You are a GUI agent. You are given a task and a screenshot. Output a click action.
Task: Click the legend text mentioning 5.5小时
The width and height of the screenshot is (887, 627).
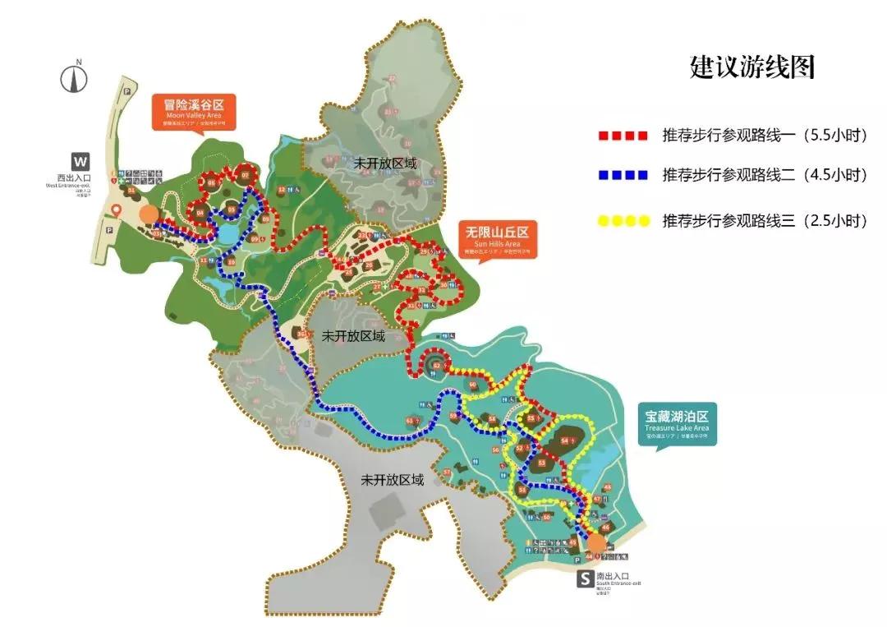pos(765,135)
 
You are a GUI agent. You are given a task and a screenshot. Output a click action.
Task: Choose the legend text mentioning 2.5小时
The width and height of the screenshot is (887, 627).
pos(765,220)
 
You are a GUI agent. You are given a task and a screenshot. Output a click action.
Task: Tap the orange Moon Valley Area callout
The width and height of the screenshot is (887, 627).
pos(193,111)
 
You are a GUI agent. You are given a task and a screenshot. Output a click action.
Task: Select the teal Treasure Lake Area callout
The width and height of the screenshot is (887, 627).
pos(677,422)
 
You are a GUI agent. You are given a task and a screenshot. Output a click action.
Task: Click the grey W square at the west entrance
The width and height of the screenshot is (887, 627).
pos(80,160)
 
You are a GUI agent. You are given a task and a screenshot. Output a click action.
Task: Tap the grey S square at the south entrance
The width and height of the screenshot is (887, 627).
pos(585,579)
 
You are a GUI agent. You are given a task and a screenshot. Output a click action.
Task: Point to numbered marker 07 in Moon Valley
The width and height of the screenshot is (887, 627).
pos(244,176)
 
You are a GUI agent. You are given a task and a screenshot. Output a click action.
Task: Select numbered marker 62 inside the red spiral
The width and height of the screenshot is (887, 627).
pos(438,365)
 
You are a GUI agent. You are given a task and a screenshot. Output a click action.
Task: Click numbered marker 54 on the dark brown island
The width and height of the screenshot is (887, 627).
pos(565,440)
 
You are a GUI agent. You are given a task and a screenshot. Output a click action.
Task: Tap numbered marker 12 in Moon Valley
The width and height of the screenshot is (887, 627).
pos(282,190)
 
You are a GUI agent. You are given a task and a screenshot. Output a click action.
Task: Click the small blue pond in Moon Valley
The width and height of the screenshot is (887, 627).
pos(225,233)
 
